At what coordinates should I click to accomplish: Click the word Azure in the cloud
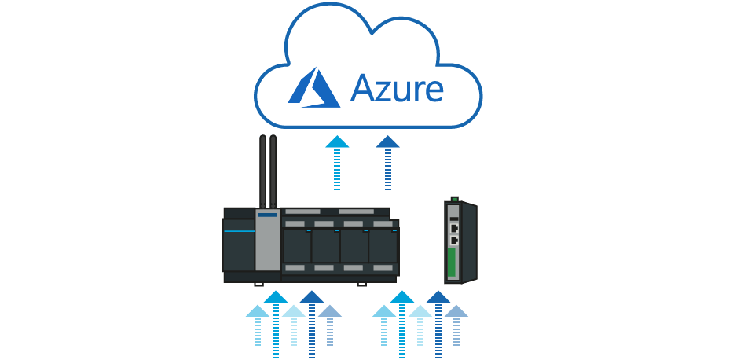click(397, 87)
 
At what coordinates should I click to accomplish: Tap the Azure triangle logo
click(313, 86)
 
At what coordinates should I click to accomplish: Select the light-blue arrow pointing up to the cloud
click(338, 142)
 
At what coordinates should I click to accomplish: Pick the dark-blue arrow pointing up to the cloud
click(387, 142)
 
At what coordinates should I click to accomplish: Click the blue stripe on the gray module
click(268, 214)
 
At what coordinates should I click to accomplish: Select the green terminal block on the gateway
click(452, 262)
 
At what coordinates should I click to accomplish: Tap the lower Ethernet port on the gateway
click(454, 239)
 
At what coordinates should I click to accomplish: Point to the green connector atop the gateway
click(453, 199)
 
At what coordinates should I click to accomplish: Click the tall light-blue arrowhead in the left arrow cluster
click(275, 297)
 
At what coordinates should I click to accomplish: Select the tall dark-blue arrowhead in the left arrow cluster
click(312, 297)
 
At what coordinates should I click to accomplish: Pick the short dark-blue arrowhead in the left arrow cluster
click(330, 311)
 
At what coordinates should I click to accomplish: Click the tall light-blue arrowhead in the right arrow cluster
click(401, 297)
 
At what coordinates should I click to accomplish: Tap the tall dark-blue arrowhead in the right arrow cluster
click(438, 297)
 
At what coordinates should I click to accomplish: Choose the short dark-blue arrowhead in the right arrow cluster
click(456, 311)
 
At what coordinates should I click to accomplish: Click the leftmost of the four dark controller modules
click(297, 245)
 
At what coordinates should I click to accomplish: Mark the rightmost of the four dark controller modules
click(383, 245)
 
